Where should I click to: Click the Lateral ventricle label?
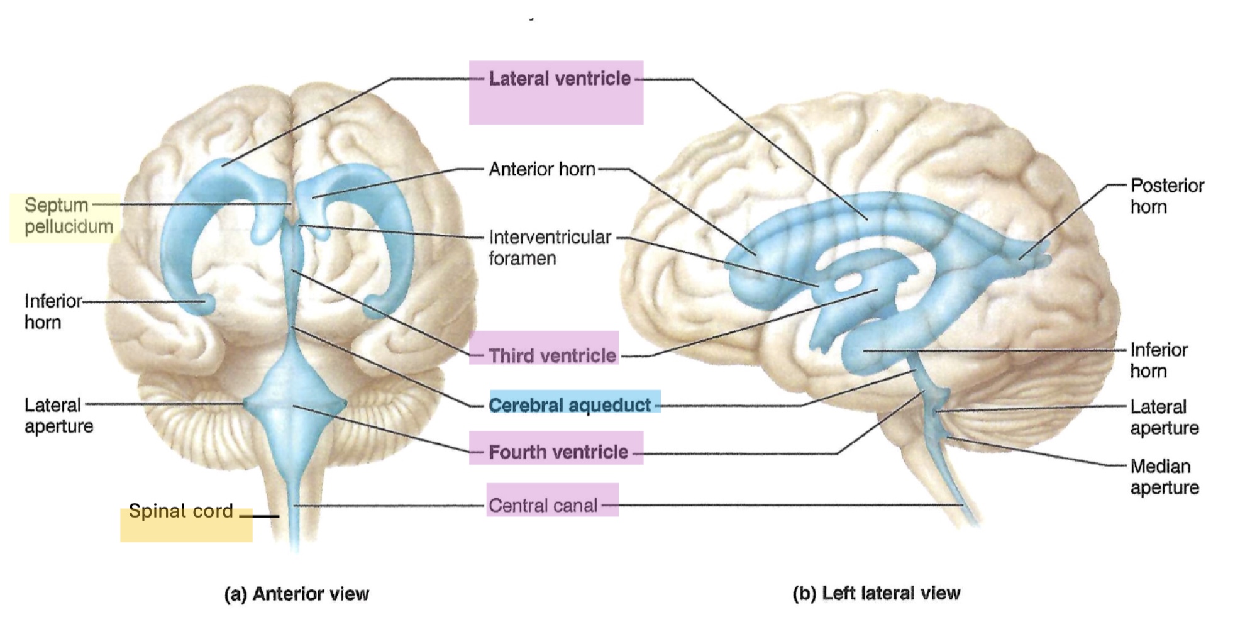pos(560,79)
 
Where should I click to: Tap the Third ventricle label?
pos(553,355)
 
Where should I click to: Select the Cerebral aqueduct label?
pos(570,405)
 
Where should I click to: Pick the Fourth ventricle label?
pos(558,452)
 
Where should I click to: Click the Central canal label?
pos(543,505)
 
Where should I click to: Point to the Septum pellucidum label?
pos(69,216)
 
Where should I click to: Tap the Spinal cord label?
pos(181,511)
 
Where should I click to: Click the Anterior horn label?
pos(542,169)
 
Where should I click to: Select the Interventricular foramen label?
pos(550,248)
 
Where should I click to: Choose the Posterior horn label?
pos(1167,196)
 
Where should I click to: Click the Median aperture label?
pos(1165,477)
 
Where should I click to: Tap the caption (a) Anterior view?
pos(297,594)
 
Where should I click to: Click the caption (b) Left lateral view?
pos(877,593)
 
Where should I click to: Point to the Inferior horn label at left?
pos(53,311)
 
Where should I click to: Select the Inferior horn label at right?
pos(1159,360)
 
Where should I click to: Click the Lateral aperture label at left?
pos(58,416)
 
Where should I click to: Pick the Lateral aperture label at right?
pos(1165,417)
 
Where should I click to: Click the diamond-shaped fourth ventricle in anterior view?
pos(294,403)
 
